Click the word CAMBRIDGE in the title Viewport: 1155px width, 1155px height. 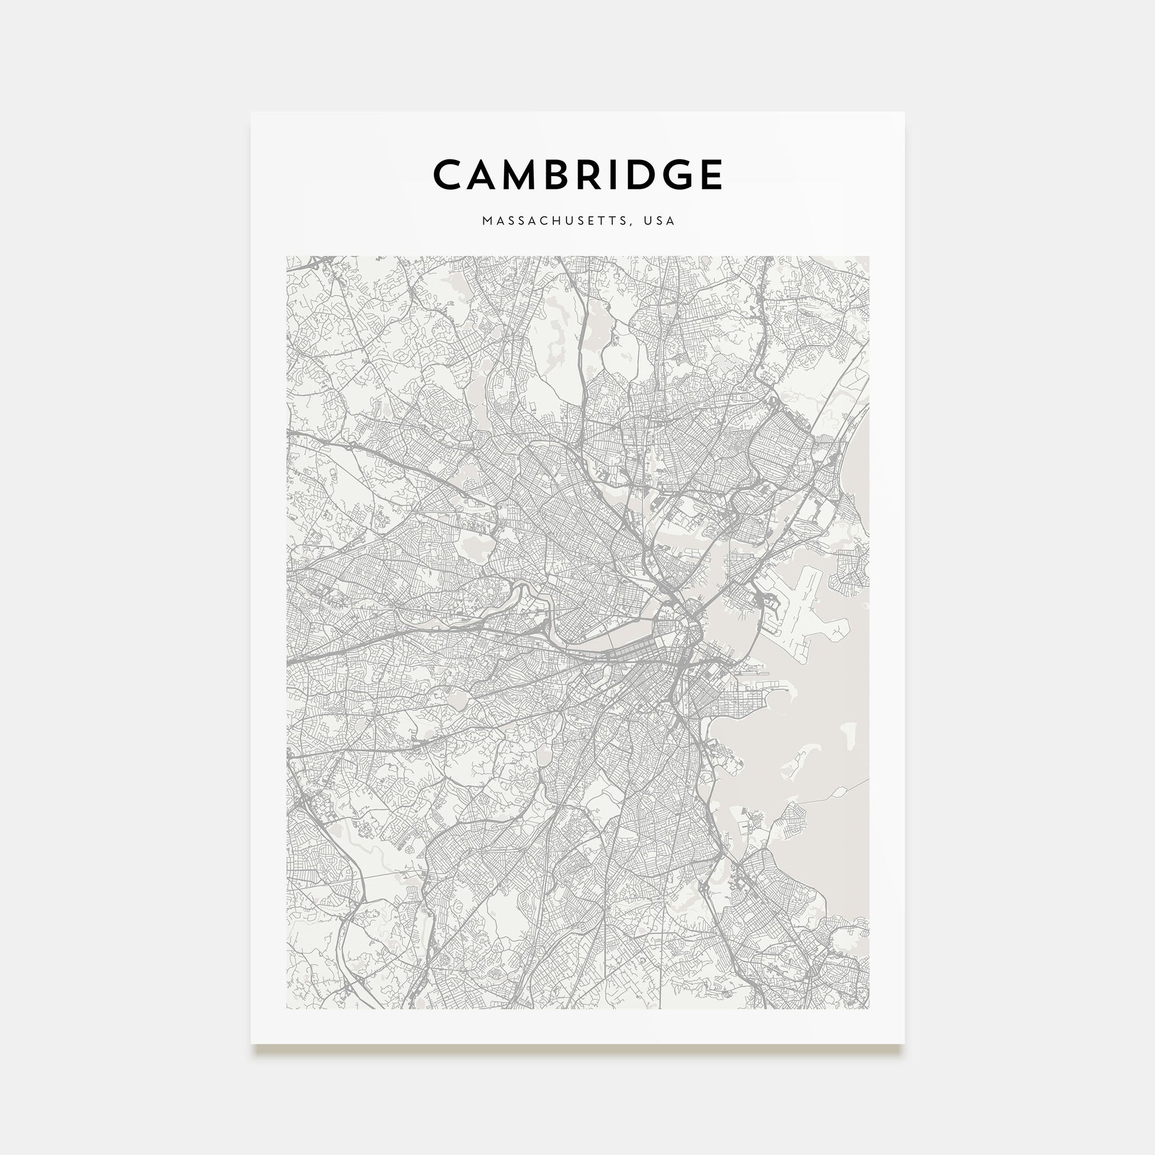point(577,174)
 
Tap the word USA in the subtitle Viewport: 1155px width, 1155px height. point(660,221)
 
